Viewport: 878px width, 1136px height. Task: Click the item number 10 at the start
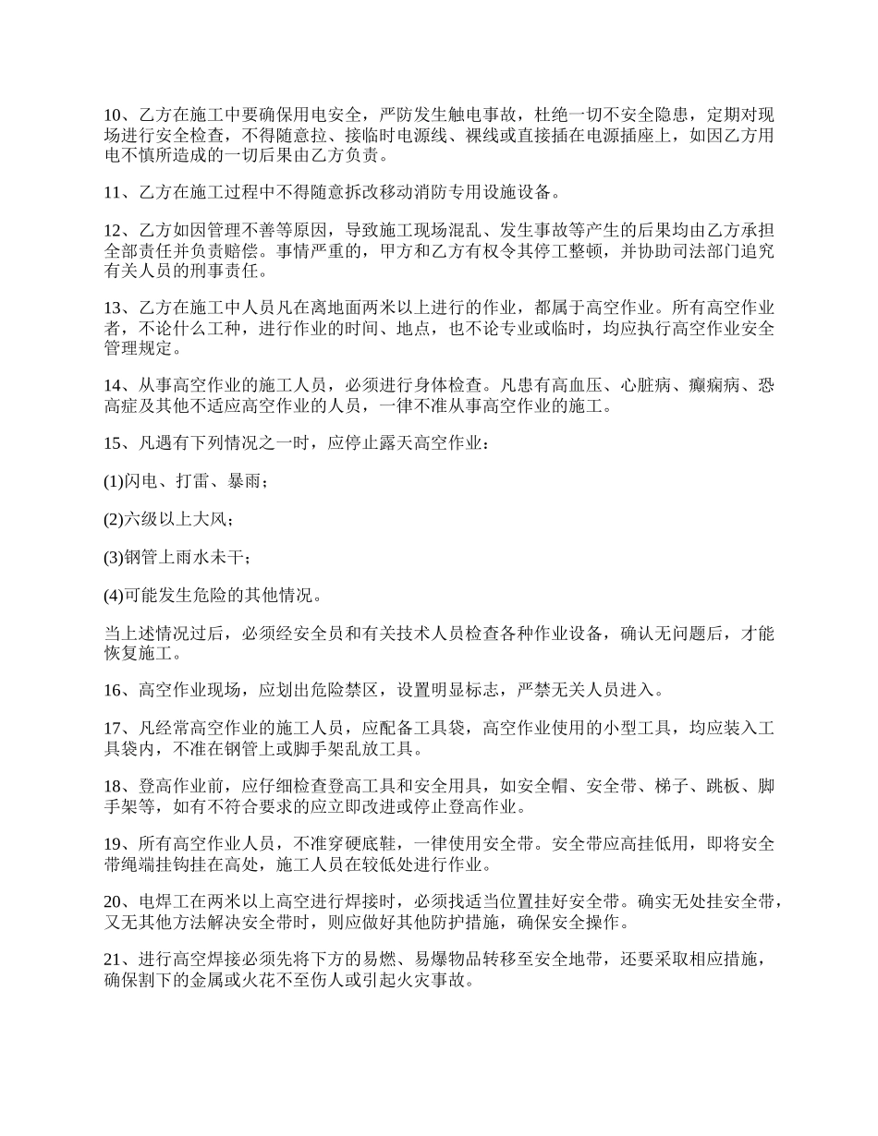point(112,115)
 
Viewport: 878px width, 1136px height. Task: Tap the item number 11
point(112,193)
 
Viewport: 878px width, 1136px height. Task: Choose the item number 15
point(112,443)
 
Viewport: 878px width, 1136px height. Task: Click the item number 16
point(112,689)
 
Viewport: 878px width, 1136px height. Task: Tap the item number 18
point(112,787)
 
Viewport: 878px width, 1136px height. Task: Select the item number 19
point(112,844)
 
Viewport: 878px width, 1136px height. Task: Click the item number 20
point(112,901)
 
